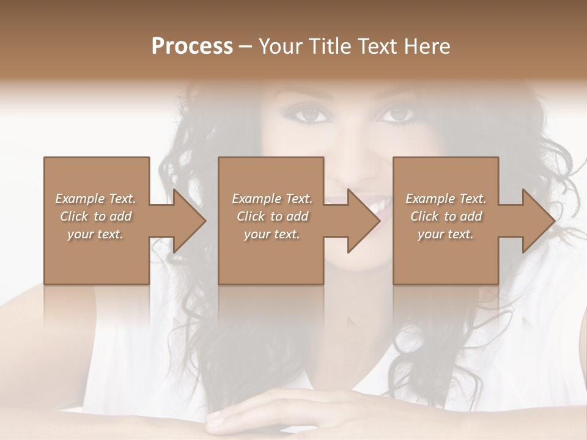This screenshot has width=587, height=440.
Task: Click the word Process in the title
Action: pos(192,46)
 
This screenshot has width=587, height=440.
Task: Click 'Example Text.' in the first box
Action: pos(95,199)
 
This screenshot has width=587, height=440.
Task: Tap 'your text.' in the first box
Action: pos(95,234)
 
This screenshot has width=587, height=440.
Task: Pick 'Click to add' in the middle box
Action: pos(272,216)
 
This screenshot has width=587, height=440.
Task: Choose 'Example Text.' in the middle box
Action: pos(272,199)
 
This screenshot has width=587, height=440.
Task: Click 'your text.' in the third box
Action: pos(446,234)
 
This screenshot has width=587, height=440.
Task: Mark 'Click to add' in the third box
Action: pos(446,216)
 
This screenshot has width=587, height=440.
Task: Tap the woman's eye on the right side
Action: pos(397,114)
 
